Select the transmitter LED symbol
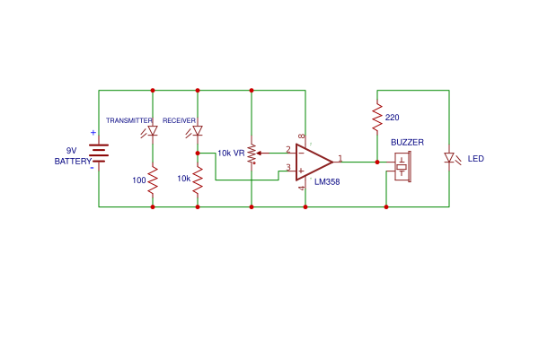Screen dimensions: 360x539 click(x=153, y=131)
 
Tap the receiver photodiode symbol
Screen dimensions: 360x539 click(x=198, y=131)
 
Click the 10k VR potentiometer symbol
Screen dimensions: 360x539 click(x=252, y=153)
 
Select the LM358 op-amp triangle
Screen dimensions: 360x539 click(x=314, y=162)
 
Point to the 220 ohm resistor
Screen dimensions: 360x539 click(x=377, y=118)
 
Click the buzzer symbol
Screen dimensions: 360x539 click(x=402, y=166)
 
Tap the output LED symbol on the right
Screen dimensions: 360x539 click(x=449, y=159)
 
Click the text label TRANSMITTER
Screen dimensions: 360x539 click(x=129, y=120)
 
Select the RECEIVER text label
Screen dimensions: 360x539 click(x=179, y=120)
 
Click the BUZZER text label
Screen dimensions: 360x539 click(x=407, y=143)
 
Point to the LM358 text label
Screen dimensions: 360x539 click(x=326, y=182)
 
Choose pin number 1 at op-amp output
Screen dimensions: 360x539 click(x=340, y=157)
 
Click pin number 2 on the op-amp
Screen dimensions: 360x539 click(x=288, y=149)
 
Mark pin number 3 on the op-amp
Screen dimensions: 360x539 click(x=288, y=167)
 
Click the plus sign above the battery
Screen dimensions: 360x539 click(x=93, y=133)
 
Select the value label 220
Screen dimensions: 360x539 click(x=392, y=118)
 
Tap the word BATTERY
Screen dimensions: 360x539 click(x=73, y=162)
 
